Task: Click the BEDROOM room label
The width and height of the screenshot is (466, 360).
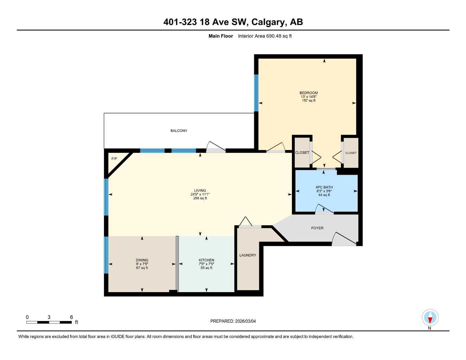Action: pos(308,93)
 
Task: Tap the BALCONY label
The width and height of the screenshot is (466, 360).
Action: pos(179,131)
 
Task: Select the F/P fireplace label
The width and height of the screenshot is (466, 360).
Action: pos(114,159)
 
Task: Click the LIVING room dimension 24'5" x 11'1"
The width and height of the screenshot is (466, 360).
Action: pos(200,194)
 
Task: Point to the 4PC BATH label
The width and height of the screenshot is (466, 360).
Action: pos(324,187)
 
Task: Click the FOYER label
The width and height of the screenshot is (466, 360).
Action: pos(317,228)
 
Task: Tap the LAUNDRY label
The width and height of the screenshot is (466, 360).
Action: pos(248,255)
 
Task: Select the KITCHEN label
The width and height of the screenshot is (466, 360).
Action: pos(206,260)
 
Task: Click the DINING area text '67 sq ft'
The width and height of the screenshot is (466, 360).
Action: pos(142,268)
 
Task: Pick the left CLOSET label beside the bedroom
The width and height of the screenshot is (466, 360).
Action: pos(302,153)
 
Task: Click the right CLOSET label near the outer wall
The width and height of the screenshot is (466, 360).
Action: pos(351,153)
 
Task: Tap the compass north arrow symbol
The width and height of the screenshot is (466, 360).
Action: pos(430,318)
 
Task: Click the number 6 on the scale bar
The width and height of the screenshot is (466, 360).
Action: pos(71,317)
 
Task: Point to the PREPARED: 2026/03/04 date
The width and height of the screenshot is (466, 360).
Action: pos(233,321)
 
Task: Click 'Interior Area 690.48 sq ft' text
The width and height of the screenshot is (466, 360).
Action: pos(264,36)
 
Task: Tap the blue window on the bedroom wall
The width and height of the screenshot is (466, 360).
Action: pos(256,93)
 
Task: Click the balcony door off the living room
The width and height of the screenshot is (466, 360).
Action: pos(215,147)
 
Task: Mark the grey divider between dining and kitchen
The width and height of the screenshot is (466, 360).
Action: pos(177,264)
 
